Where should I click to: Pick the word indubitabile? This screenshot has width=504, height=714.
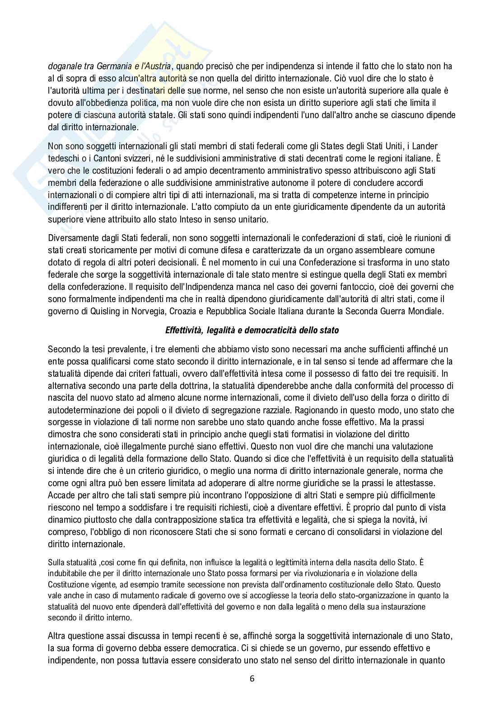coord(70,574)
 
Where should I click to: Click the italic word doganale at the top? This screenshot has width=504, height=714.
coord(65,66)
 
